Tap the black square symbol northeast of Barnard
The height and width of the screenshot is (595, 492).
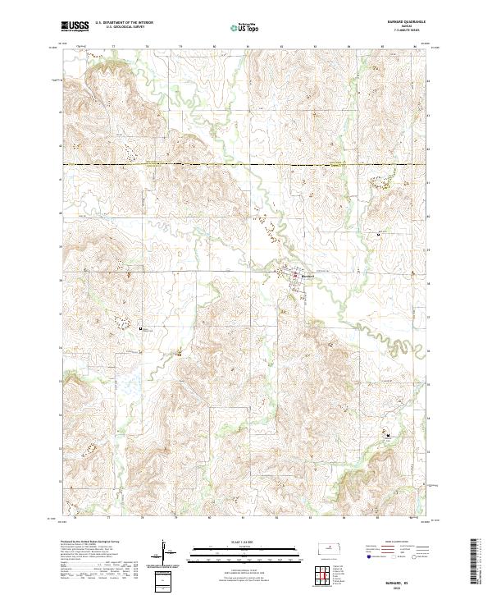[x=376, y=235]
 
